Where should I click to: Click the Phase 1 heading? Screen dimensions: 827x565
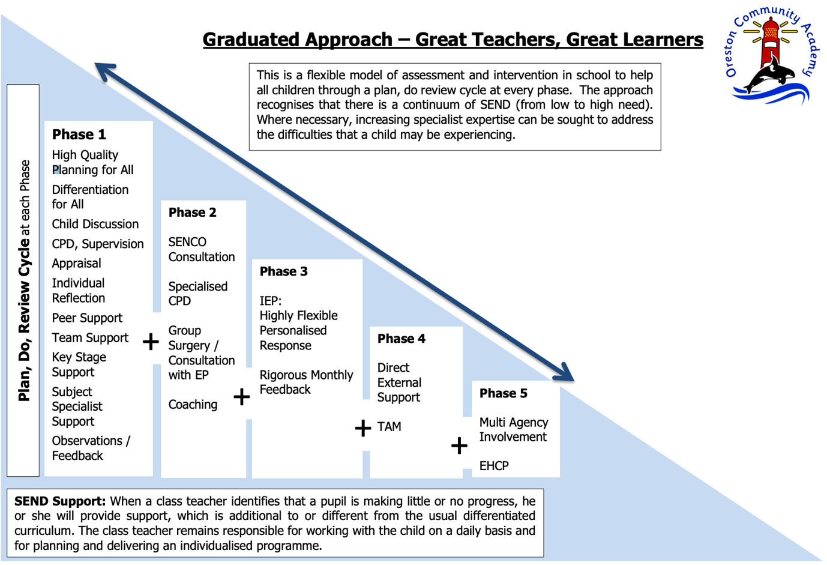(x=79, y=134)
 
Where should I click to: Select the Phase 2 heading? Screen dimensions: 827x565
(x=193, y=213)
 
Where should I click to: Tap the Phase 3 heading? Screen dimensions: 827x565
(x=283, y=271)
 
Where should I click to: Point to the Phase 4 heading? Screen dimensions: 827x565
(x=401, y=339)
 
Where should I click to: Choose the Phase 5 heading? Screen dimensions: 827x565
(x=503, y=393)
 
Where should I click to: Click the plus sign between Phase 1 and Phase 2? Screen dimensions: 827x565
(x=151, y=342)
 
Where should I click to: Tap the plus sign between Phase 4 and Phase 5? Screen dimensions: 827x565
(x=459, y=446)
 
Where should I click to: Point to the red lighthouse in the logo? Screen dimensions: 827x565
(x=771, y=43)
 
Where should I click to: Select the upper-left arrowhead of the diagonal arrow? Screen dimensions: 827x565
(x=104, y=71)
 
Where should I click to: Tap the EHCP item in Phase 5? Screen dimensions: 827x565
(x=494, y=466)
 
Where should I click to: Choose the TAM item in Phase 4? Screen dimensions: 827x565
(x=389, y=427)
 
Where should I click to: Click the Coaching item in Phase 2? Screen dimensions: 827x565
(x=193, y=405)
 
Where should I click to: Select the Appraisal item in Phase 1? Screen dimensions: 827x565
(x=76, y=264)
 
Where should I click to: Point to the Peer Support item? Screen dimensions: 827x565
(x=87, y=318)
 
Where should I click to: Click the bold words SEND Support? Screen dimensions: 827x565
(x=60, y=501)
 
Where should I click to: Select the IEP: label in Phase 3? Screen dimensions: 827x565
(x=271, y=301)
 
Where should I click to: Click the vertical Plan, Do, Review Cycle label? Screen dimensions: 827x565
(x=25, y=280)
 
